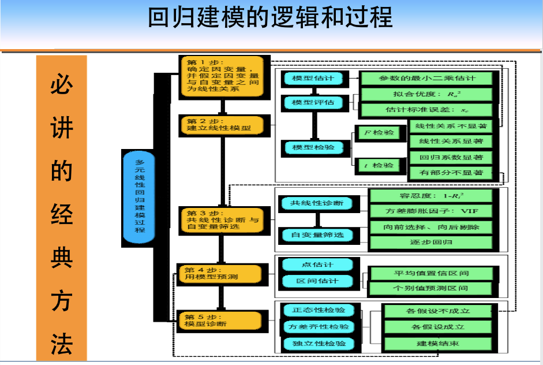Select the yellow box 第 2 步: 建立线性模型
tap(224, 125)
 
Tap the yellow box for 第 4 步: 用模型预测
tap(223, 273)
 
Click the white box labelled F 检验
tap(377, 133)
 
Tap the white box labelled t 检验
tap(377, 166)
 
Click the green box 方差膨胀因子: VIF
tap(432, 211)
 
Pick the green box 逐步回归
tap(432, 243)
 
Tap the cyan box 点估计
tap(317, 265)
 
